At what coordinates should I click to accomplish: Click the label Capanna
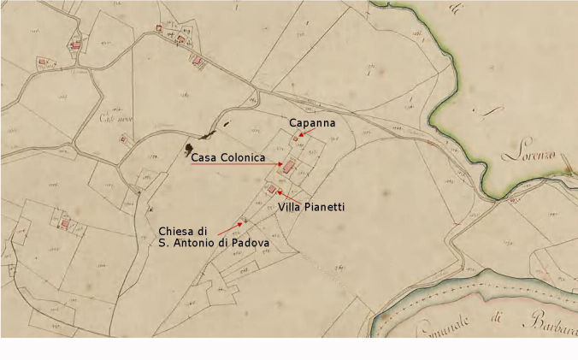(311, 123)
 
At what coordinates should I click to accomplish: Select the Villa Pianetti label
(310, 207)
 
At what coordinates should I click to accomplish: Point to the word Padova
(250, 244)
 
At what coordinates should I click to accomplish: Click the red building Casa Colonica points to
(289, 166)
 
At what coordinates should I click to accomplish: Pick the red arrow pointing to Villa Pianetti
(280, 195)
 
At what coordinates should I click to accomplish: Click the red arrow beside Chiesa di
(230, 227)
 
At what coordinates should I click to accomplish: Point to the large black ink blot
(187, 150)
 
